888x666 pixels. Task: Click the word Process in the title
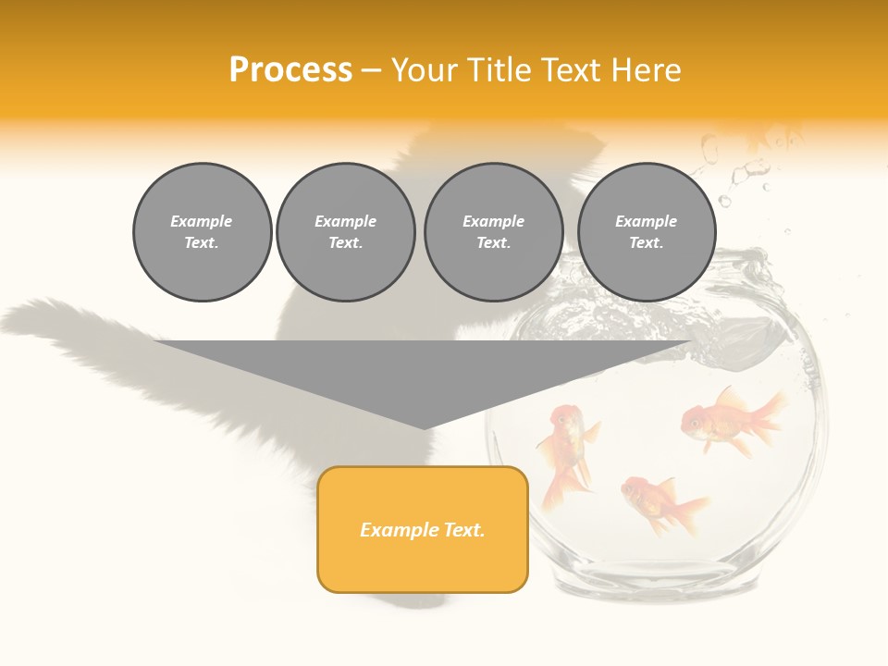(x=290, y=70)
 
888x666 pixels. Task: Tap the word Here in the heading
(x=647, y=70)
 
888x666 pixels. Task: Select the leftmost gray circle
(x=202, y=232)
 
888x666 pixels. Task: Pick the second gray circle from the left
(x=345, y=232)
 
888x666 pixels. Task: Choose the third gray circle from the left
(x=493, y=232)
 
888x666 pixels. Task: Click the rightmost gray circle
(x=646, y=232)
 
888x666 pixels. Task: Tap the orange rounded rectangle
(x=423, y=529)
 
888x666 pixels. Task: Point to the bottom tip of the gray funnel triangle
(x=425, y=428)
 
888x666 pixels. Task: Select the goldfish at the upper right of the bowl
(x=731, y=421)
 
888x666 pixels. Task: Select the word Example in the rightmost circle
(x=646, y=221)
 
